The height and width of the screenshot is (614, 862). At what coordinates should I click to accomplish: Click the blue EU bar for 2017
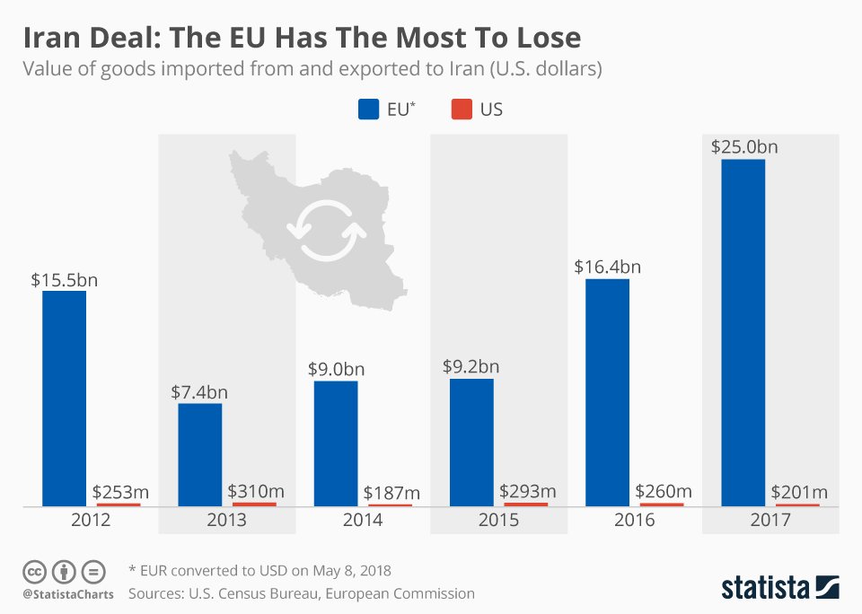743,332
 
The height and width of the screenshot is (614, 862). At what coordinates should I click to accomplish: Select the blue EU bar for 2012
64,399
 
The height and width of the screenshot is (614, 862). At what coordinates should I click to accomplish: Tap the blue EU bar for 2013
199,455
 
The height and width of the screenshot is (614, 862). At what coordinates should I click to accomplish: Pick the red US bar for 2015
525,504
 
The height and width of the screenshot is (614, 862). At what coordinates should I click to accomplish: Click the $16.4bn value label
608,267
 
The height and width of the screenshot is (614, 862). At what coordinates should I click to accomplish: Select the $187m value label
390,493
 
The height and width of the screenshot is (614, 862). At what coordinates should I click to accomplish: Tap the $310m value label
255,491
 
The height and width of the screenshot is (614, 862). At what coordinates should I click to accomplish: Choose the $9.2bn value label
471,366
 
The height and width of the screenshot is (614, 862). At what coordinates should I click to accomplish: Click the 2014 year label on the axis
363,521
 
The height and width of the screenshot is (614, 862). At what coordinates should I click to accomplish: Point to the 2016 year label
635,521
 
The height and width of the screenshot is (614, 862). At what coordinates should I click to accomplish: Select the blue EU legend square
368,110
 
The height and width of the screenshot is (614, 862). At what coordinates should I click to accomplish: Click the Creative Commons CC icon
34,572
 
